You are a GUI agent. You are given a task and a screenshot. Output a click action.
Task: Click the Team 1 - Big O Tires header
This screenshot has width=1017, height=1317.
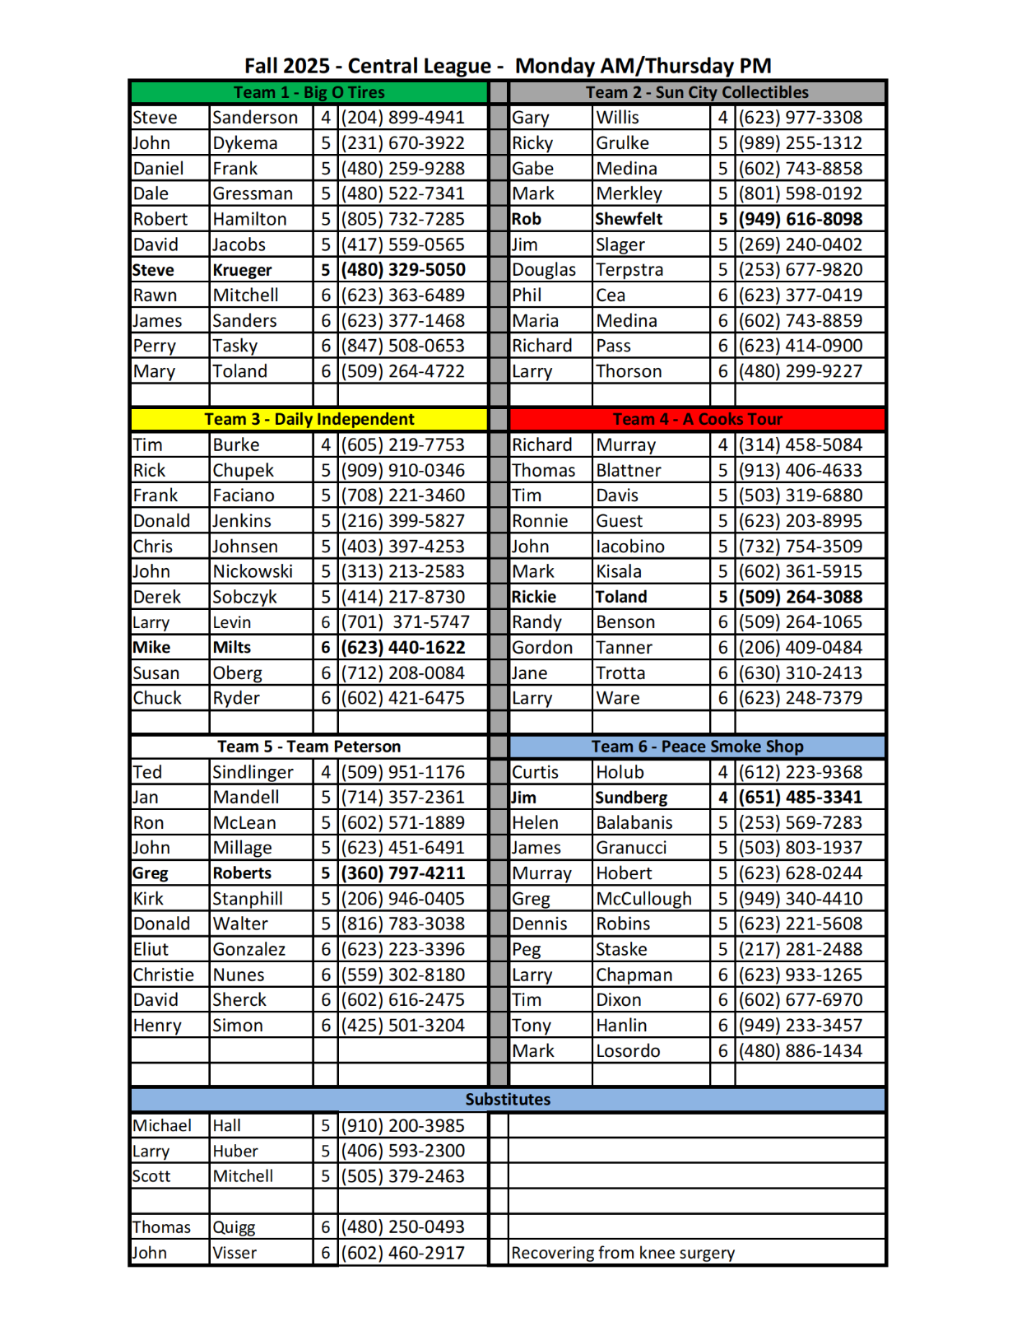(x=309, y=92)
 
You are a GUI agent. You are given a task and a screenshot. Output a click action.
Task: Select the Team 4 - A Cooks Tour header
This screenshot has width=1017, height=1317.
(x=697, y=419)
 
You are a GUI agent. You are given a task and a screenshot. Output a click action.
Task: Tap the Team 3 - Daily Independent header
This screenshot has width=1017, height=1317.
(x=309, y=419)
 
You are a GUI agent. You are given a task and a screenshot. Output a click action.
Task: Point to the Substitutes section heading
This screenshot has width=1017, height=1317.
(x=508, y=1100)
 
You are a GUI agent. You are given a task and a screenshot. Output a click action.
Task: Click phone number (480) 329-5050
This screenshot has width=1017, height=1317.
(x=403, y=270)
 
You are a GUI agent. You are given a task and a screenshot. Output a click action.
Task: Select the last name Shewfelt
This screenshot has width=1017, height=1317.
(x=629, y=219)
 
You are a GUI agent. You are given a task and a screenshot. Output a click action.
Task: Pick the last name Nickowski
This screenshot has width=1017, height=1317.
(x=253, y=571)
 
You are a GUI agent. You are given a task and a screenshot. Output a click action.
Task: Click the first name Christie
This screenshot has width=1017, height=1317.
(x=164, y=975)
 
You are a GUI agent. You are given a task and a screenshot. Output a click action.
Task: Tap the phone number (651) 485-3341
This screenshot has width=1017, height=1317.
(x=800, y=797)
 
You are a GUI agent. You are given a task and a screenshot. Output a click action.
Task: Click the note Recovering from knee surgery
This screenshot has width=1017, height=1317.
(x=623, y=1253)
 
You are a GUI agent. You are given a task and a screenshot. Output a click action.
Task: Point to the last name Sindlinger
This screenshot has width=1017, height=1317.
(x=253, y=772)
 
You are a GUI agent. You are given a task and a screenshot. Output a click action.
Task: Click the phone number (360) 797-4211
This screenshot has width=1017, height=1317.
(x=403, y=873)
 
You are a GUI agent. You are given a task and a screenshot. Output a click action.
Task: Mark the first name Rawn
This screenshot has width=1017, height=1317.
(x=155, y=296)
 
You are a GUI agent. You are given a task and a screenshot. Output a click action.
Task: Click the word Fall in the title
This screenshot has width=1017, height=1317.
(x=263, y=66)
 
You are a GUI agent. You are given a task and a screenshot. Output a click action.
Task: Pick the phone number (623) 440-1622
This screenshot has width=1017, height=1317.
(x=403, y=648)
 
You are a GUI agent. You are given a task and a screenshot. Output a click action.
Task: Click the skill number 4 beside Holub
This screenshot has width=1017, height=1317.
(x=722, y=772)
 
